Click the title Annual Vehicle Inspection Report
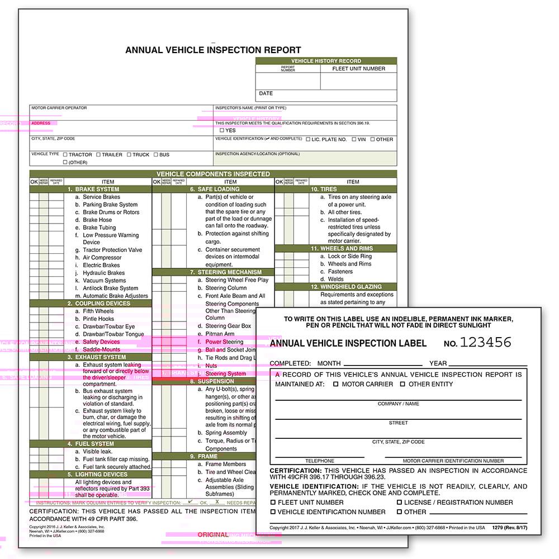[213, 50]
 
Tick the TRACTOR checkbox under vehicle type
[65, 155]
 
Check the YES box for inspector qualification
[222, 130]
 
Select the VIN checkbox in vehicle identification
[354, 139]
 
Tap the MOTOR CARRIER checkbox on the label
[336, 384]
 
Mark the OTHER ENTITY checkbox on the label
[402, 384]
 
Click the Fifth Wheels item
[98, 311]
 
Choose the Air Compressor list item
[102, 258]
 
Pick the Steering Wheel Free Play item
[237, 280]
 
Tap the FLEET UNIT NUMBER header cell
[358, 69]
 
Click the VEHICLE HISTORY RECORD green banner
[326, 61]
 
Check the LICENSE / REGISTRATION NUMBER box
[400, 503]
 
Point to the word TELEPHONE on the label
[320, 461]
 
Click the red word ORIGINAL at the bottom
[212, 535]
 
